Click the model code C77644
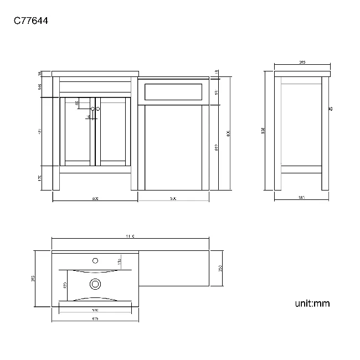coord(30,22)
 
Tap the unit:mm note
coord(312,303)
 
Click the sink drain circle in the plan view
coord(95,285)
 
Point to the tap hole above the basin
coord(95,260)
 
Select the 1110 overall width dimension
coord(130,236)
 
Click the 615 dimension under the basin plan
coord(95,318)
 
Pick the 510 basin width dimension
coord(95,310)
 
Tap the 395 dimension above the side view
coord(302,63)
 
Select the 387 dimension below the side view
coord(302,198)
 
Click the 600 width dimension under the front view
coord(95,198)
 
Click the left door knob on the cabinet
coord(92,109)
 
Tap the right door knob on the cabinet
coord(98,109)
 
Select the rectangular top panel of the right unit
coord(173,91)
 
